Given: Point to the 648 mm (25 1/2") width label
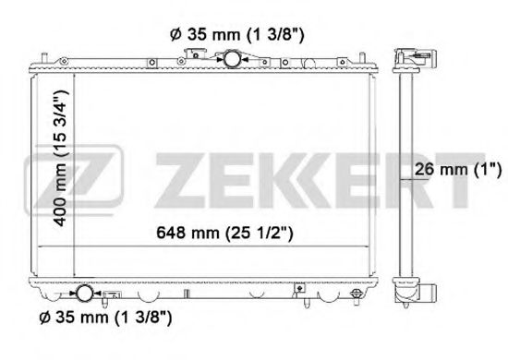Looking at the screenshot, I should coord(225,234).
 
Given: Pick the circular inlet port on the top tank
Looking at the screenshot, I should coord(230,58).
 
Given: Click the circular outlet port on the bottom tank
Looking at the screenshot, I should coord(84,294).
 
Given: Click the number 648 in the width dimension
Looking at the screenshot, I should coord(171,234).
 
